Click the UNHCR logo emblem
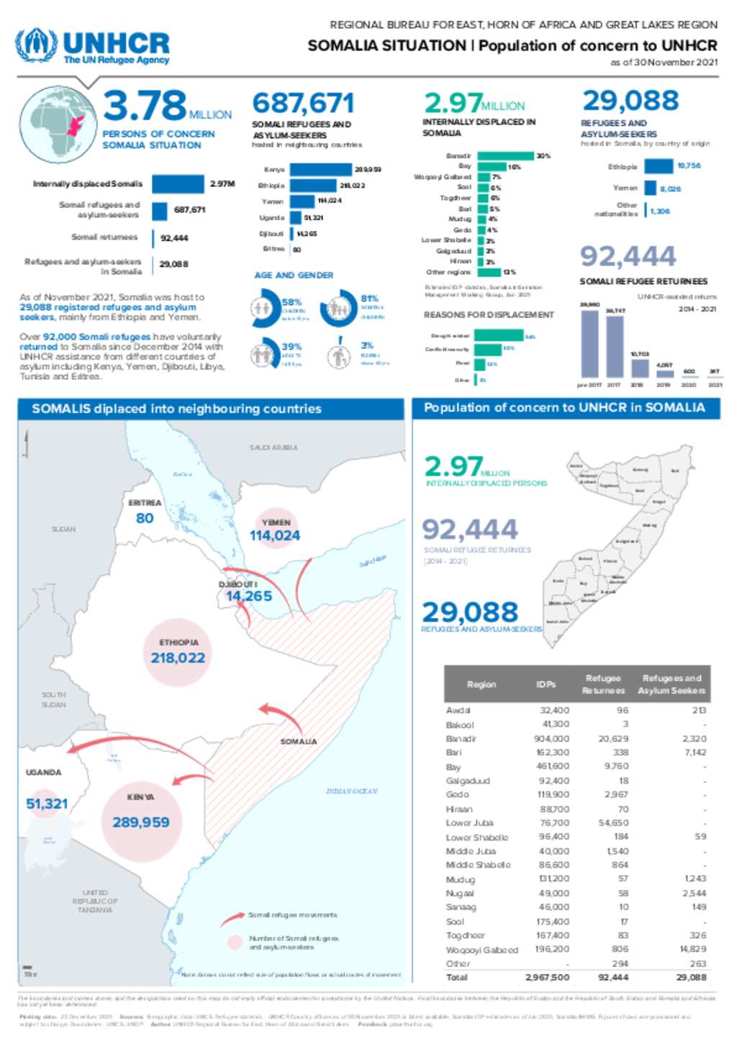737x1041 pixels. (x=36, y=46)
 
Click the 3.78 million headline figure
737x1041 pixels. (x=145, y=106)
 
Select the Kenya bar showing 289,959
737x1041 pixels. (x=320, y=170)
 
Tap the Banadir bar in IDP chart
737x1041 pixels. (x=505, y=156)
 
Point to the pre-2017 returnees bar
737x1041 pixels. (x=589, y=344)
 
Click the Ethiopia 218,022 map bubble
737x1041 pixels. (x=178, y=651)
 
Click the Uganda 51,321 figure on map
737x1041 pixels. (x=47, y=804)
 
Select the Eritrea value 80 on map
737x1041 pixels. (x=145, y=518)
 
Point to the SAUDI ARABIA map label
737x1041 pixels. (x=273, y=447)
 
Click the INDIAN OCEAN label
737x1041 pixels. (x=351, y=791)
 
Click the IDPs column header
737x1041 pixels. (x=546, y=684)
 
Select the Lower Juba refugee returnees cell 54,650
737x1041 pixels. (x=613, y=823)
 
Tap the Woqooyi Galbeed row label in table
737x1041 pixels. (x=481, y=950)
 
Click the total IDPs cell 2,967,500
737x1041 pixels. (x=547, y=978)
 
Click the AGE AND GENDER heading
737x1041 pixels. (x=294, y=275)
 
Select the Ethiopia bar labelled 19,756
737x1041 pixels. (x=658, y=166)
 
